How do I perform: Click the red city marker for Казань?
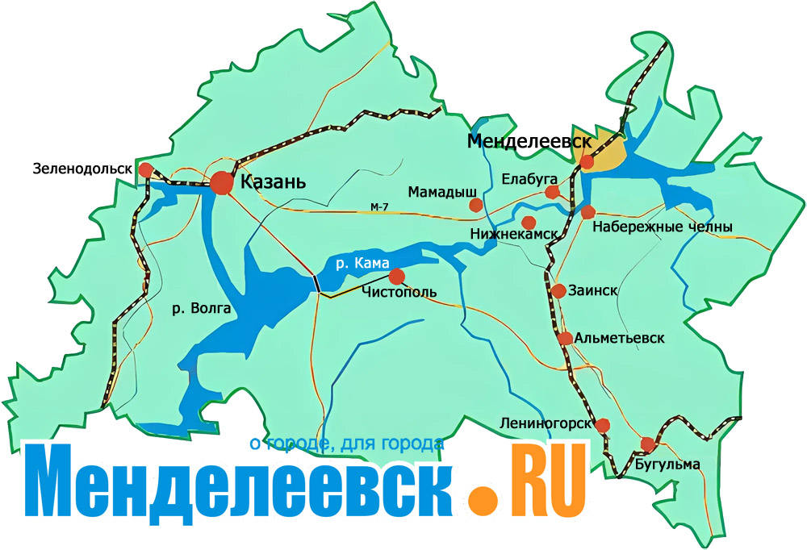pos(222,184)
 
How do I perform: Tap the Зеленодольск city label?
pos(82,169)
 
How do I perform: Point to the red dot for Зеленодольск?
pos(145,170)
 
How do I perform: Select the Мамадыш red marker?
pos(476,206)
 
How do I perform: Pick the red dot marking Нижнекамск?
pos(529,222)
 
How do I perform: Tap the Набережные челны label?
pos(662,228)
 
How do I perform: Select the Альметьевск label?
pos(621,339)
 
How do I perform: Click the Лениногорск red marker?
pos(603,425)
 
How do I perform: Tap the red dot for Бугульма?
pos(647,444)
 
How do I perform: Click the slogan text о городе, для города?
pos(347,443)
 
